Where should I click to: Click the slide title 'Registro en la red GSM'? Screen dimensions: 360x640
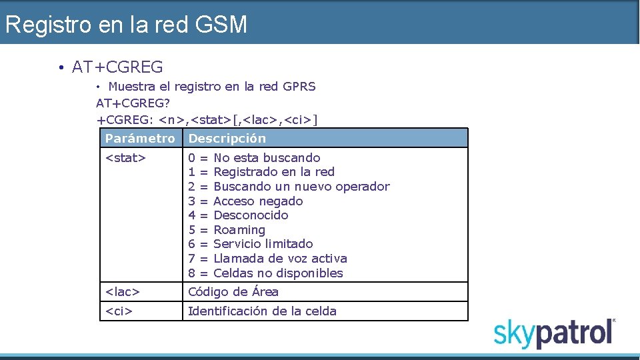point(126,25)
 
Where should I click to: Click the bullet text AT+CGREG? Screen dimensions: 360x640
point(117,67)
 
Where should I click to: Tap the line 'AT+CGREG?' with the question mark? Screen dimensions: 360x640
point(133,103)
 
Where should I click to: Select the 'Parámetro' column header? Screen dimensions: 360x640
point(140,139)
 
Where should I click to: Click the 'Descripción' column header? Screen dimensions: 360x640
point(227,139)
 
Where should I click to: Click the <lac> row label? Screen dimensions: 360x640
point(123,292)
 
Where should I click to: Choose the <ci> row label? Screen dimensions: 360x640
point(119,311)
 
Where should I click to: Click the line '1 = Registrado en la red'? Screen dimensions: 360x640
point(261,172)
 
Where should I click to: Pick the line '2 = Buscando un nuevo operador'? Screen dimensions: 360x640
point(289,187)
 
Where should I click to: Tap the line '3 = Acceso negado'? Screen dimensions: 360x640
point(245,201)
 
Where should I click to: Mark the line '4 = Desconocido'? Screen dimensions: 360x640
point(238,215)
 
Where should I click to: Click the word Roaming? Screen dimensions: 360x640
point(239,230)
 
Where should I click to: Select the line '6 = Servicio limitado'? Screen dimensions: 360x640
point(251,244)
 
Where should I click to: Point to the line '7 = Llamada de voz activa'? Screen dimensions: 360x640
point(267,259)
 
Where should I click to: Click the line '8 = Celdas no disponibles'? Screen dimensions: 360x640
point(265,273)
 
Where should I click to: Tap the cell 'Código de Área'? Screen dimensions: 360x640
point(233,292)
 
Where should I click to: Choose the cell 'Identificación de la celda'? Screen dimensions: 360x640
point(262,311)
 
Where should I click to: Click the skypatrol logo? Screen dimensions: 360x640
point(554,333)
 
